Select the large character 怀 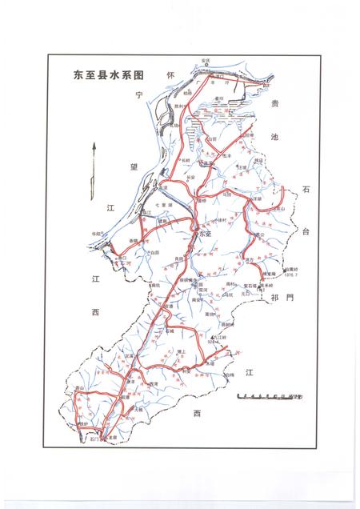pos(170,74)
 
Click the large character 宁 pos(138,95)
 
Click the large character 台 pos(305,231)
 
